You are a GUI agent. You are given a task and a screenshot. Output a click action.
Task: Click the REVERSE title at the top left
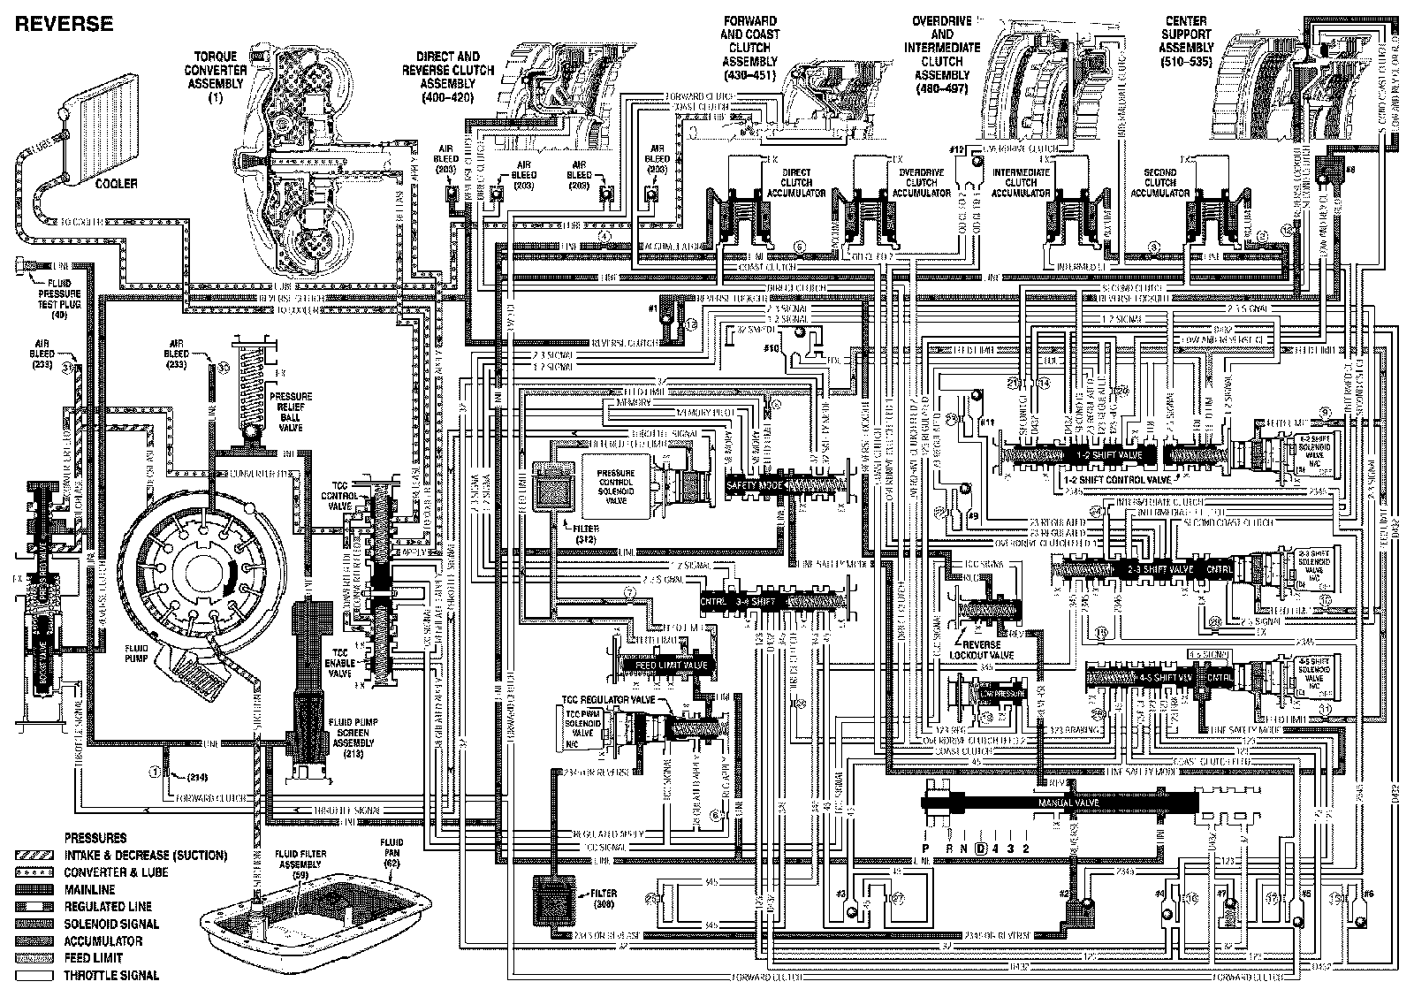(64, 24)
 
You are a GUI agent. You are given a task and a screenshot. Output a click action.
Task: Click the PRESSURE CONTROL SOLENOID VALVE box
(611, 487)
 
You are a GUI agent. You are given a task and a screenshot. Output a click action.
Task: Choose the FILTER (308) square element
(554, 900)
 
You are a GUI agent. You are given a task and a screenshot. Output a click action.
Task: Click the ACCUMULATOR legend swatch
(34, 940)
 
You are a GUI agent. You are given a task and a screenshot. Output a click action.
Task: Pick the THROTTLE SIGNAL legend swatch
(34, 975)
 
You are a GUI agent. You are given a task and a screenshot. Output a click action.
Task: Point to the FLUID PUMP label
(136, 652)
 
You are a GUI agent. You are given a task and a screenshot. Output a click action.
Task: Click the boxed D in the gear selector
(980, 849)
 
